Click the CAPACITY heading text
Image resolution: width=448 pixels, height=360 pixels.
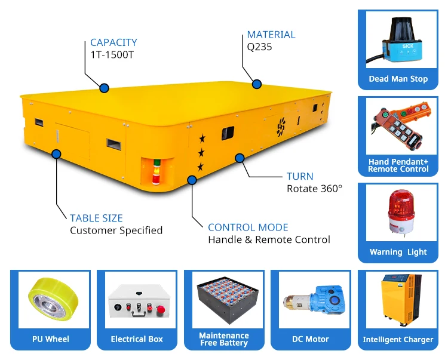pos(113,42)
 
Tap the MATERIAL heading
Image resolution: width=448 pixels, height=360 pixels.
pos(271,35)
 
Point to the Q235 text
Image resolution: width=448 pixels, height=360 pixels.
pos(259,46)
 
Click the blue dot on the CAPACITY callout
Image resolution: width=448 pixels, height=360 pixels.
pos(105,88)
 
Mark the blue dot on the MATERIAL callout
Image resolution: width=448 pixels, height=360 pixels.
pos(257,84)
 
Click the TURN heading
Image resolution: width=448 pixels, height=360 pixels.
pos(300,177)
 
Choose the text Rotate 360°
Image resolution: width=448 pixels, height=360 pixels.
pos(315,188)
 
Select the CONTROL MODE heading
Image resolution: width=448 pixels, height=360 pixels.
pos(248,227)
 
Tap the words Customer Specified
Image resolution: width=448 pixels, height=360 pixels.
pos(116,230)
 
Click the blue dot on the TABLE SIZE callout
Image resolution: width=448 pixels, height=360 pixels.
pos(57,154)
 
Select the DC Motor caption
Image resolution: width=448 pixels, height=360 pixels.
pos(310,339)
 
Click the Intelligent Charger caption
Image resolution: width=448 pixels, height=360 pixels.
pos(398,339)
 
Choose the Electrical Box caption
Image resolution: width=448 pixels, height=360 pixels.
pos(137,339)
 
